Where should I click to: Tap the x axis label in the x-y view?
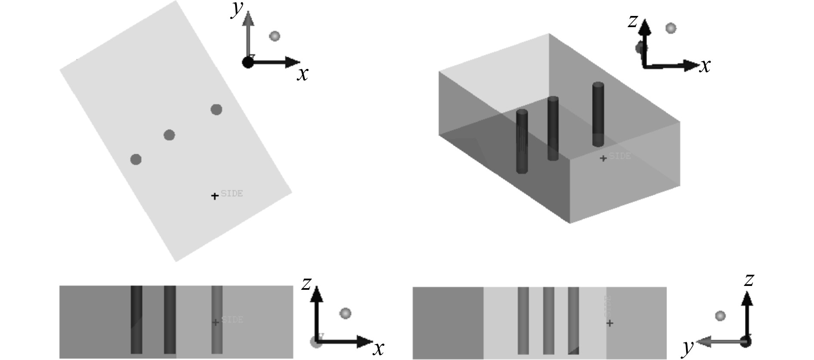(303, 74)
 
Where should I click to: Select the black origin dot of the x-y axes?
(248, 62)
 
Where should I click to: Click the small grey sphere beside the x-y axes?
(274, 36)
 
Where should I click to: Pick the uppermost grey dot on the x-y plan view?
(216, 109)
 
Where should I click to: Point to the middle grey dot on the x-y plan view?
(169, 135)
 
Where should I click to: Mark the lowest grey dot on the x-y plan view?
(136, 159)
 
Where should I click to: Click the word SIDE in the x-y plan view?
(232, 193)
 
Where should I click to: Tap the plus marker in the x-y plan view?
(214, 196)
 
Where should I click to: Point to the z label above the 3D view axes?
(632, 21)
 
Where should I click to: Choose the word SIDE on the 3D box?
(620, 156)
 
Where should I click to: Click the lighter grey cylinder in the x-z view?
(217, 320)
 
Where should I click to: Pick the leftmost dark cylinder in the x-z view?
(137, 320)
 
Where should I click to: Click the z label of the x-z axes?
(306, 284)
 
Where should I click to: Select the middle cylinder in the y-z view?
(548, 320)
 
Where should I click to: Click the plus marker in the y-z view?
(609, 323)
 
